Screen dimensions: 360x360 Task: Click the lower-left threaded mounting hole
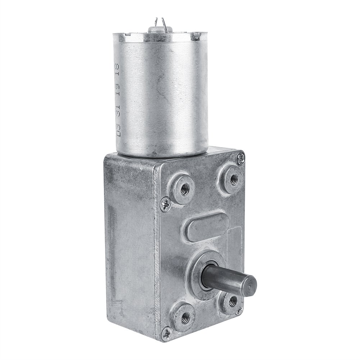point(185,316)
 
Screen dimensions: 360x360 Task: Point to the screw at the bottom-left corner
point(166,333)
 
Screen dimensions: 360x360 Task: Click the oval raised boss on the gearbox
point(205,228)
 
